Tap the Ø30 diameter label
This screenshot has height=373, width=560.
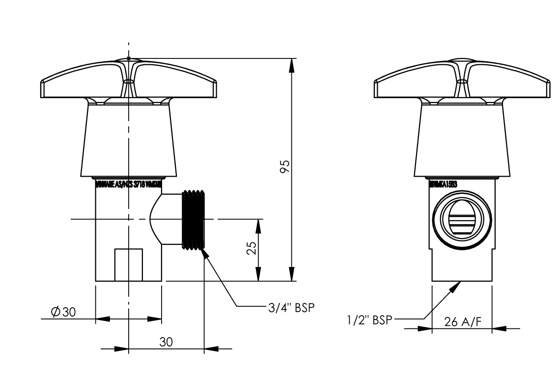pyautogui.click(x=63, y=312)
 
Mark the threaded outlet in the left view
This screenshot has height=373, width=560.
pyautogui.click(x=194, y=219)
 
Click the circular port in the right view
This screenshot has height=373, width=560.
pyautogui.click(x=461, y=219)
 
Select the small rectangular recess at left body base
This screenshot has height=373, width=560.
pyautogui.click(x=129, y=265)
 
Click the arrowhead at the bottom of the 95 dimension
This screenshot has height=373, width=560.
pyautogui.click(x=292, y=274)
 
